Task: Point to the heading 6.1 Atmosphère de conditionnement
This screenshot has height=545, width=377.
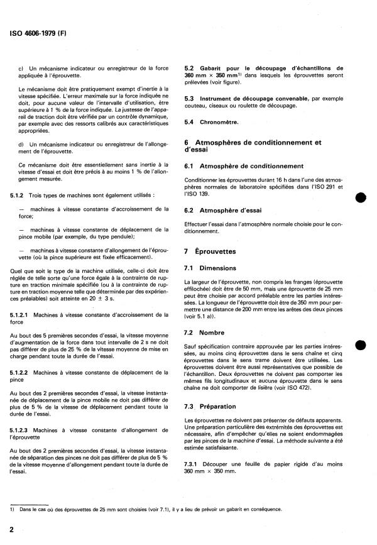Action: pos(241,165)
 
